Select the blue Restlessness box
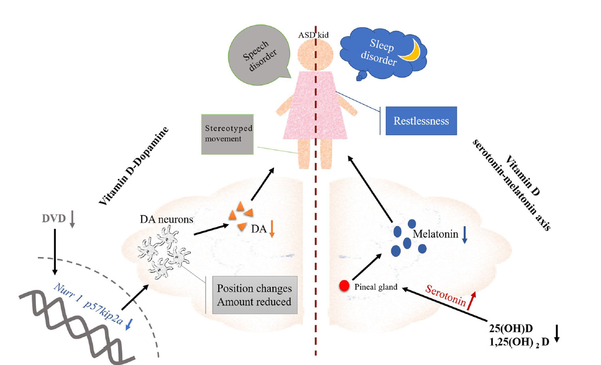pyautogui.click(x=421, y=121)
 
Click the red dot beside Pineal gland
pyautogui.click(x=344, y=286)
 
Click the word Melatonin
pyautogui.click(x=436, y=234)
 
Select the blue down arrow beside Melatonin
pyautogui.click(x=465, y=236)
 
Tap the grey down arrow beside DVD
pyautogui.click(x=73, y=219)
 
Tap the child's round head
pyautogui.click(x=315, y=54)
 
